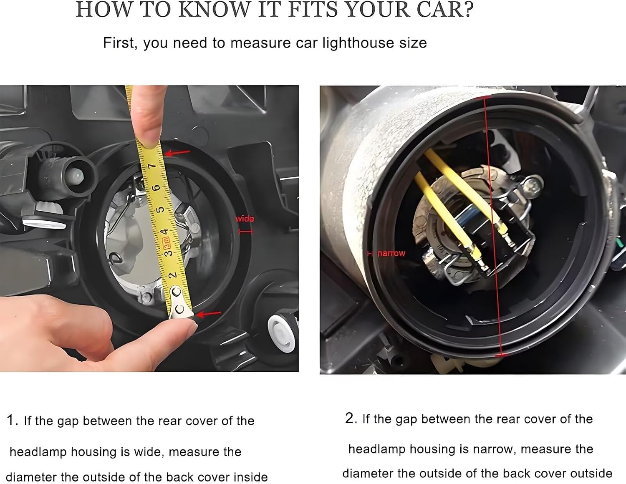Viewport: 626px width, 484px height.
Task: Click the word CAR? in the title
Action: pos(445,10)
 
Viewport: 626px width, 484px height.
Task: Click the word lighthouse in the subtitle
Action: pos(358,43)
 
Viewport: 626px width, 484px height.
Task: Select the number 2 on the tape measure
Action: pos(172,275)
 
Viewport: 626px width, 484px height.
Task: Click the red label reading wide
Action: pos(245,219)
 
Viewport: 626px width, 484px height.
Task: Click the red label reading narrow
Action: pos(391,253)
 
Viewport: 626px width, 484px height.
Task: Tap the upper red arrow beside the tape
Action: pos(177,153)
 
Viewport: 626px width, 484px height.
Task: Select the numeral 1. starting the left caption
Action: pos(13,420)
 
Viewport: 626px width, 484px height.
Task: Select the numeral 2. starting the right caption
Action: pos(351,418)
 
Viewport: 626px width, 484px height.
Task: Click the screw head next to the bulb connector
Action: pos(533,185)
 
